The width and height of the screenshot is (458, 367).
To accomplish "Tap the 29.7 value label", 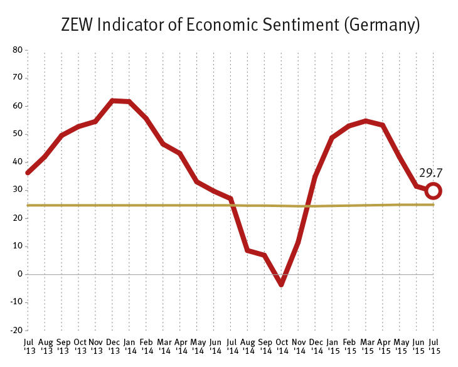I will click(431, 173).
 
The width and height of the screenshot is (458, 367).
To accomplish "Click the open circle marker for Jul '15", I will click(433, 191).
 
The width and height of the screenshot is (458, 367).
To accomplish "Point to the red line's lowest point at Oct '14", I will click(281, 284).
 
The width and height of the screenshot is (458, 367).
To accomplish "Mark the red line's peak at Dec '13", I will click(112, 101).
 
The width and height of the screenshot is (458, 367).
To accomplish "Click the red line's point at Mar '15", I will click(366, 121).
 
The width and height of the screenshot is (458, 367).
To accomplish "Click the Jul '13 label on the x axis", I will click(28, 346).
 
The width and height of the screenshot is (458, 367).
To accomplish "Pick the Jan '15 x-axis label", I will click(332, 346).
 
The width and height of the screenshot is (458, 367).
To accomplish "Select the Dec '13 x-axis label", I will click(112, 346).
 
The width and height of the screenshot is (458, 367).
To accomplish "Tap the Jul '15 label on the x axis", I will click(433, 346).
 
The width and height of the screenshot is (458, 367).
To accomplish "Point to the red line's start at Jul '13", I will click(28, 172).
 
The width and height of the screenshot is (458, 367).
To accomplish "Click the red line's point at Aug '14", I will click(248, 250).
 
